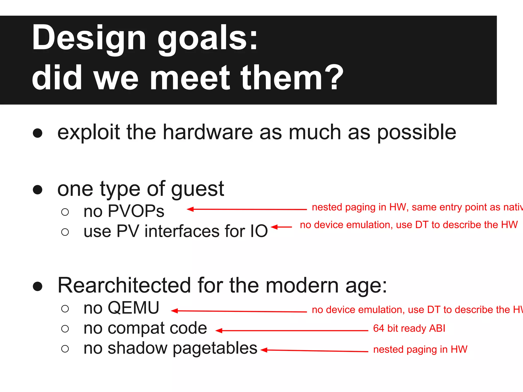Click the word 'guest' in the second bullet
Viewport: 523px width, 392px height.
click(197, 189)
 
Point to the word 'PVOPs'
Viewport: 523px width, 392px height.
click(136, 211)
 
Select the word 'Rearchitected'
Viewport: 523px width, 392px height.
click(124, 285)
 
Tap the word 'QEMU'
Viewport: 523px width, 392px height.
click(133, 308)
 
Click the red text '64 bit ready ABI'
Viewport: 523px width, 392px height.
click(409, 328)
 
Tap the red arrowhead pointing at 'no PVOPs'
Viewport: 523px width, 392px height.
click(190, 209)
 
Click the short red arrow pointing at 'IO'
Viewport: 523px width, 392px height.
click(281, 227)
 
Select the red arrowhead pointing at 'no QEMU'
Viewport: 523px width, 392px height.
click(174, 311)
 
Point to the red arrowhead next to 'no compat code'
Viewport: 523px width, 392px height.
click(219, 331)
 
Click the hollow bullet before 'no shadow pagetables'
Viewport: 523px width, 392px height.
click(65, 349)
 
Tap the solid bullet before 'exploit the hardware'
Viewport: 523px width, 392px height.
click(38, 133)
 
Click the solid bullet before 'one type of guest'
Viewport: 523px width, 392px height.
click(38, 190)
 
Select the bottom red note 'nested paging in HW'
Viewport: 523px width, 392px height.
click(420, 350)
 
